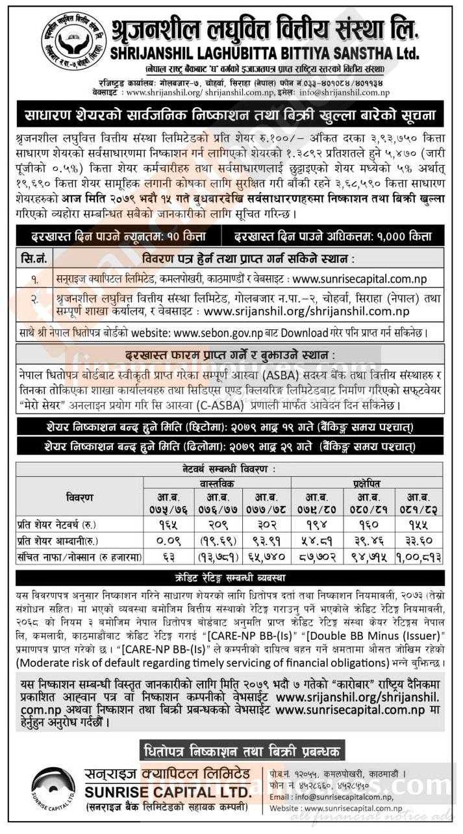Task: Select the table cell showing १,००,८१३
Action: click(x=417, y=556)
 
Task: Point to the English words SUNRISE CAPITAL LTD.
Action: click(x=167, y=792)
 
